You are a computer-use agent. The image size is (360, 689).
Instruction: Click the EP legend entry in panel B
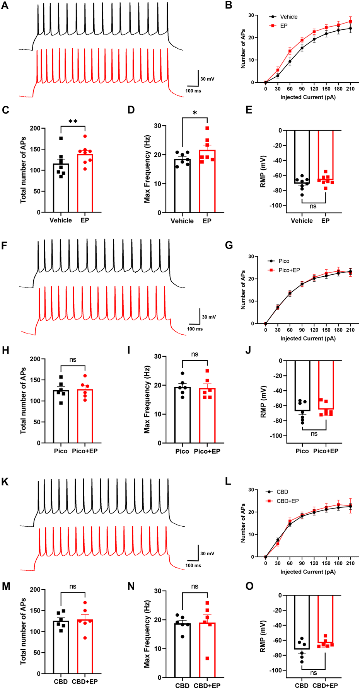(283, 26)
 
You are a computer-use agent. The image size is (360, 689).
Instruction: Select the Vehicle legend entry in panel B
(288, 17)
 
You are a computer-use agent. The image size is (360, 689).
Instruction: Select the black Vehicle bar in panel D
(182, 185)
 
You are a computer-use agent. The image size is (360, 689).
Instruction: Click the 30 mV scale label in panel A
(207, 79)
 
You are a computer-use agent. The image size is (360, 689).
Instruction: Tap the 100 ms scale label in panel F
(195, 329)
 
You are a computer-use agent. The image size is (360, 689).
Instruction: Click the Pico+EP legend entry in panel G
(289, 270)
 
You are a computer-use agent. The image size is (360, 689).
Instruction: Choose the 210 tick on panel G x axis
(350, 330)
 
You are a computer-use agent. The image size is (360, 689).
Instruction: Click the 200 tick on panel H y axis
(35, 359)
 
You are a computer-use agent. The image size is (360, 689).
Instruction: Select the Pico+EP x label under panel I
(207, 451)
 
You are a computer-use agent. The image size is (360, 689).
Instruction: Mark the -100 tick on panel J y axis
(276, 436)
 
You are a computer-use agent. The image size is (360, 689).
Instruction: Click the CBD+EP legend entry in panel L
(288, 501)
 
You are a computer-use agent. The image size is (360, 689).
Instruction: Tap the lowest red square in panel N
(207, 658)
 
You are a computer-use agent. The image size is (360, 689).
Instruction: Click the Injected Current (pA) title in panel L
(308, 572)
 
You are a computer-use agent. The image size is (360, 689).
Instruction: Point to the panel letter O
(250, 586)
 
